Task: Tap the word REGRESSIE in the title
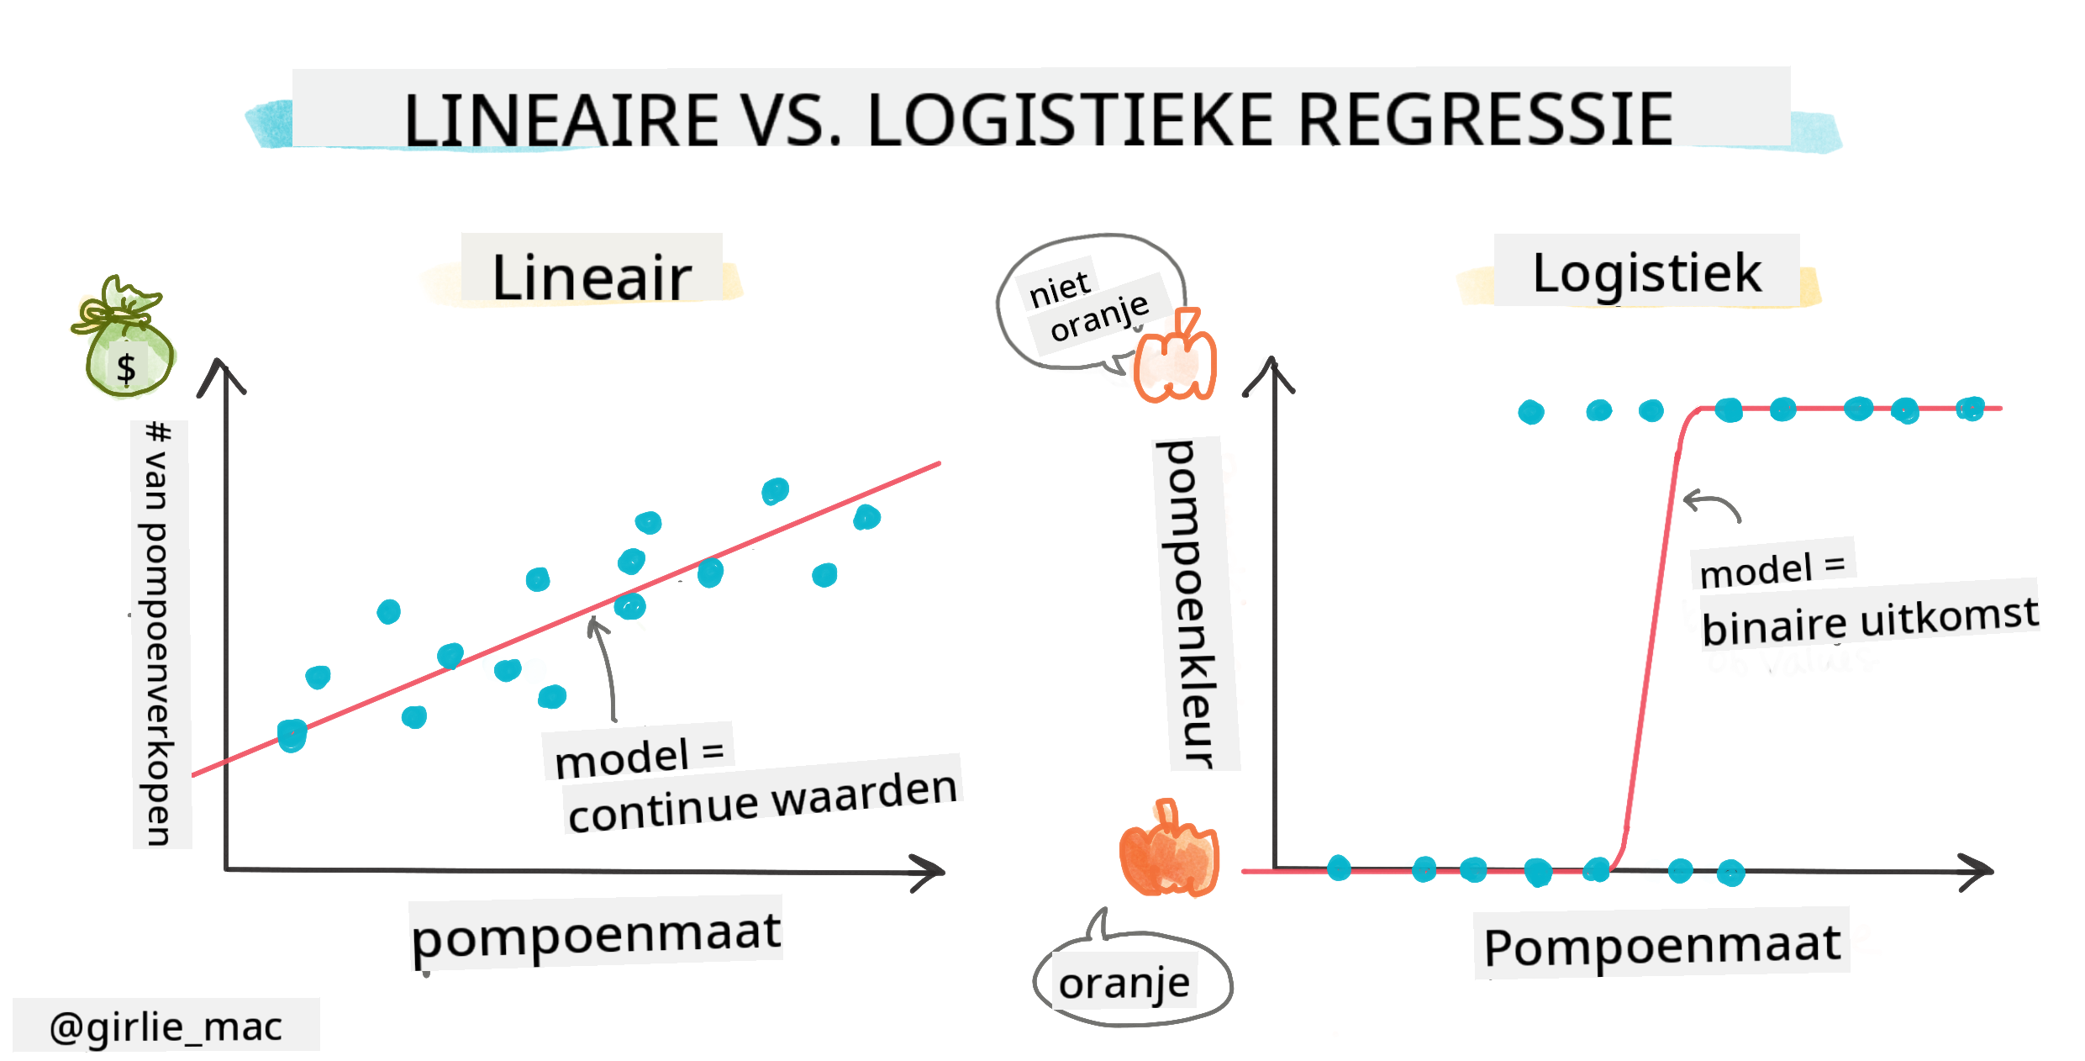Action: click(x=1485, y=120)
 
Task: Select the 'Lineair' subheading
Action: click(x=592, y=277)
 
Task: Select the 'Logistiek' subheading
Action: click(x=1646, y=273)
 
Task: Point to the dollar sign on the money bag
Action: click(x=126, y=368)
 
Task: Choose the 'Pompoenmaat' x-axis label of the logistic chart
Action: click(x=1662, y=945)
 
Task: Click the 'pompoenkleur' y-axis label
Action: click(x=1189, y=604)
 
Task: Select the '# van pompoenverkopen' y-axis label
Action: click(x=158, y=634)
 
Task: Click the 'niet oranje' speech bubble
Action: click(x=1090, y=303)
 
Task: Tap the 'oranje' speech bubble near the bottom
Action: click(x=1130, y=976)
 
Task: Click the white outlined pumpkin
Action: click(x=1175, y=356)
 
